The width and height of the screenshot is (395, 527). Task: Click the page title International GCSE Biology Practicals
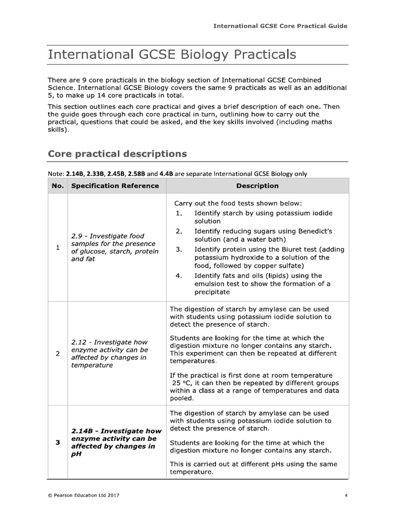(172, 55)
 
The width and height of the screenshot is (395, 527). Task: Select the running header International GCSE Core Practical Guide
(280, 26)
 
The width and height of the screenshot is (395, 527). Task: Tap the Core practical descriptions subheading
(117, 154)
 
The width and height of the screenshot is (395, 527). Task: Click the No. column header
(58, 186)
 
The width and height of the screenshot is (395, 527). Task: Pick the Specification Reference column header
(115, 186)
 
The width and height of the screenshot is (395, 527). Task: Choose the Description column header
(257, 186)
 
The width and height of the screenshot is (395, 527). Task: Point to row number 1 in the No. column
(58, 248)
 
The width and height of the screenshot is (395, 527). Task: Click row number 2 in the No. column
(58, 354)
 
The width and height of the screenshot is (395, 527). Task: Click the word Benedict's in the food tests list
(314, 231)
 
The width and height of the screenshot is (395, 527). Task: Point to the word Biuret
(285, 249)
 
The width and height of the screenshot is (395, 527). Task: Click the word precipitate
(212, 292)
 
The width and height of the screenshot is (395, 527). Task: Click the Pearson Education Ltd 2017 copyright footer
(84, 495)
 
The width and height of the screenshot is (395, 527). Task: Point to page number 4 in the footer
(346, 495)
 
